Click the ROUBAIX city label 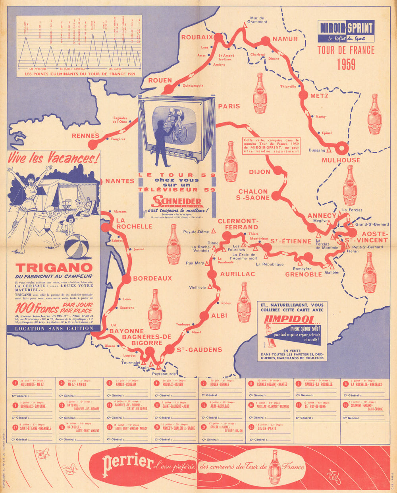(x=195, y=37)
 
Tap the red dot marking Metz (x=303, y=95)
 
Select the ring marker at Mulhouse (x=342, y=147)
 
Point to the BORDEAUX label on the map (x=152, y=278)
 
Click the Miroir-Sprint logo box (x=346, y=31)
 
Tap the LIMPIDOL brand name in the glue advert (x=288, y=320)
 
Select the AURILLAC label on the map (x=237, y=274)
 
